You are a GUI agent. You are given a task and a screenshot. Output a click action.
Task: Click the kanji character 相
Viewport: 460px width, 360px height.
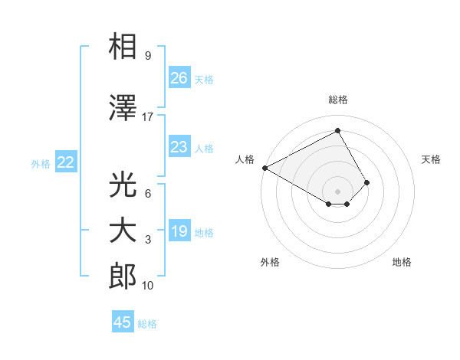(123, 47)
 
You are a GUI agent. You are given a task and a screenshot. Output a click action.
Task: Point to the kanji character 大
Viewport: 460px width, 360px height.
(123, 231)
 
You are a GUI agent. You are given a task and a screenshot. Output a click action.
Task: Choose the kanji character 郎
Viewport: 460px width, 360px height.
(123, 277)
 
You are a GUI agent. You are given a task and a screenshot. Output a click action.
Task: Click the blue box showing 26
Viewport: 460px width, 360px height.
(179, 78)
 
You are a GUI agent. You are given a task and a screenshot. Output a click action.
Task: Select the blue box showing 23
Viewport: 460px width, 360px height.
(179, 147)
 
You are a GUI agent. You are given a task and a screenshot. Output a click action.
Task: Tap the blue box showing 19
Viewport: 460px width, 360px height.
(179, 231)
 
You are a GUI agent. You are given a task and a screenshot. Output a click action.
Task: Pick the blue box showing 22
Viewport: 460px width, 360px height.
(66, 162)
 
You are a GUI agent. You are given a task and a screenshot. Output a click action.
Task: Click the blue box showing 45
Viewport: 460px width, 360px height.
(123, 322)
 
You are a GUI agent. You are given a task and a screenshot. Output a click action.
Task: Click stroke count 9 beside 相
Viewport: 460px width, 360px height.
(147, 56)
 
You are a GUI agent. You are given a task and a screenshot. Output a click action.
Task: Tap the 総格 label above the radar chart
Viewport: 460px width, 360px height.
(338, 100)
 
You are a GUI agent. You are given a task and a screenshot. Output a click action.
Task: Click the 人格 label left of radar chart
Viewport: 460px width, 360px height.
(245, 159)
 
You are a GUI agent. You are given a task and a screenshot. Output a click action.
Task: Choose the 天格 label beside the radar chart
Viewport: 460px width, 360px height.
(431, 159)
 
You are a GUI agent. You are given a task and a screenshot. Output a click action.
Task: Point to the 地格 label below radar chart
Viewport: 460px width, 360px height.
(402, 262)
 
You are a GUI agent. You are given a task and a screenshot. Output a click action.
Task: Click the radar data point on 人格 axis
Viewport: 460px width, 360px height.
(264, 168)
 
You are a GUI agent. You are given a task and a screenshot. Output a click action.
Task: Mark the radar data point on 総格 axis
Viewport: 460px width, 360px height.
(338, 131)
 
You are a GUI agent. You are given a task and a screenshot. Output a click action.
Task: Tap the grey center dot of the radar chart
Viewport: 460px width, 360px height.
(338, 191)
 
